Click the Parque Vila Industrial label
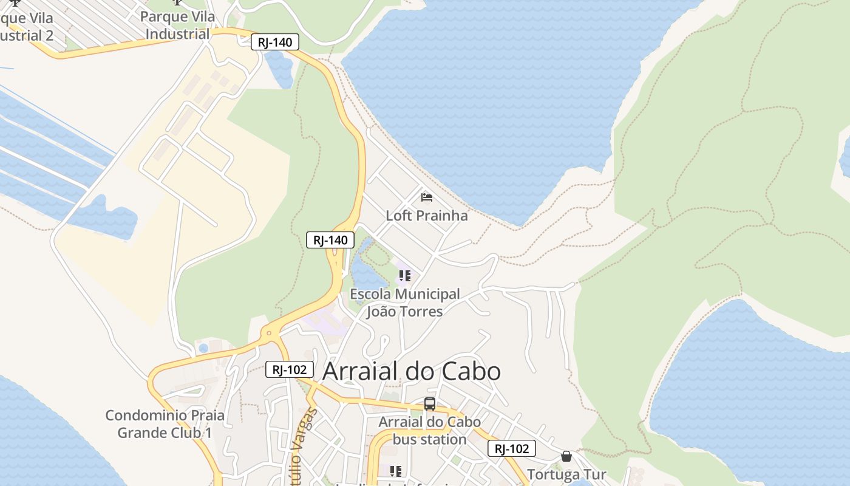(177, 25)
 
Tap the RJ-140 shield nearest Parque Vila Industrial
(275, 43)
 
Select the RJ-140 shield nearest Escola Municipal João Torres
(330, 240)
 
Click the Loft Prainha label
(427, 216)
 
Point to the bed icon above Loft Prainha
(427, 197)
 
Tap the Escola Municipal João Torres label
(405, 303)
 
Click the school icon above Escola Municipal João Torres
(405, 276)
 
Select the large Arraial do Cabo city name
(412, 371)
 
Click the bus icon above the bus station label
(430, 404)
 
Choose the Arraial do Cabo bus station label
(430, 430)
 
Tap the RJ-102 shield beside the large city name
(290, 369)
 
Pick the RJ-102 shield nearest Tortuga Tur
(511, 449)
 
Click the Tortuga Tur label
(566, 474)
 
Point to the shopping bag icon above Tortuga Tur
(566, 456)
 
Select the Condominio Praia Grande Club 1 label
(165, 424)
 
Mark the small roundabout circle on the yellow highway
(268, 334)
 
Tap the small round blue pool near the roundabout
(203, 348)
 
